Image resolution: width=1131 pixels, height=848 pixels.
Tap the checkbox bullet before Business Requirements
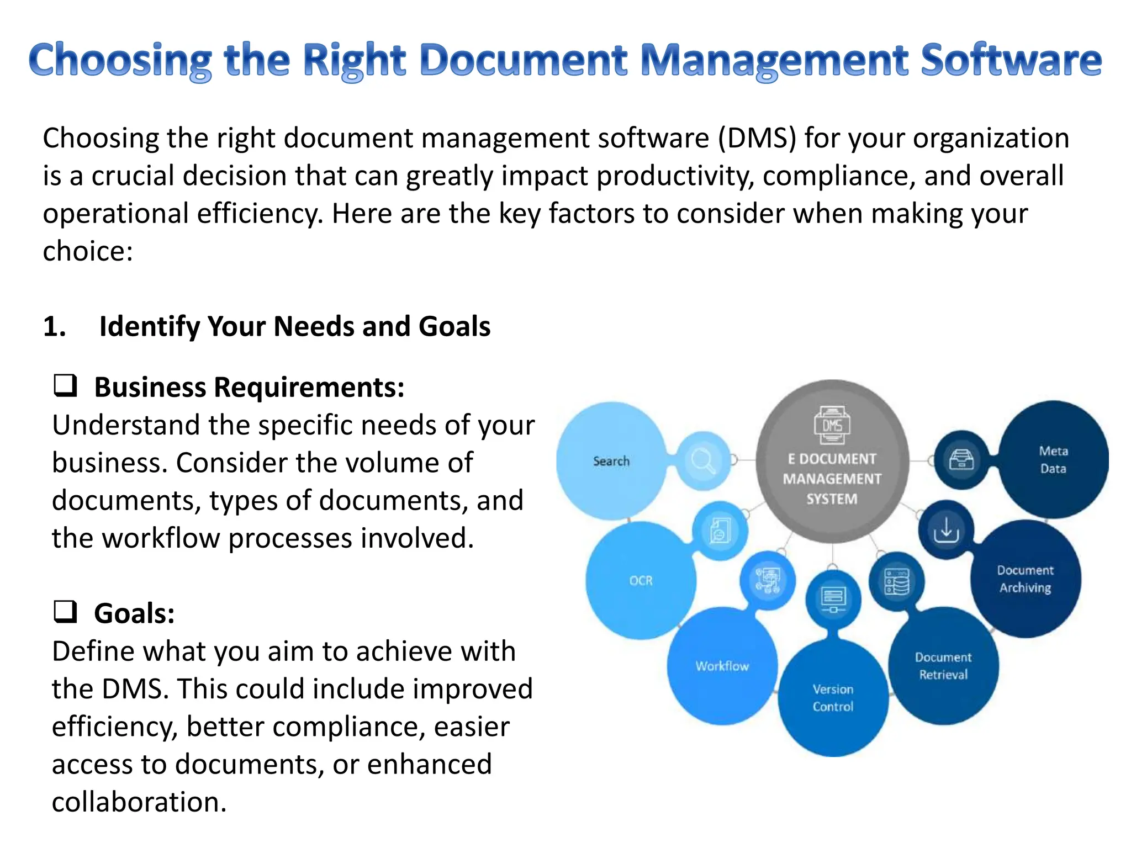click(65, 385)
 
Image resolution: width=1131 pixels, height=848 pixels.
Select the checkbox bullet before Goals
click(65, 612)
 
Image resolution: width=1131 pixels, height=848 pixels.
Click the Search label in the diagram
click(611, 461)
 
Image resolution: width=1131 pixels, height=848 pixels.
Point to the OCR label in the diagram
click(641, 581)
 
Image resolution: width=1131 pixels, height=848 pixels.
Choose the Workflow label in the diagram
click(722, 666)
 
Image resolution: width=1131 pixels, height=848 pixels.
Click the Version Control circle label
click(833, 698)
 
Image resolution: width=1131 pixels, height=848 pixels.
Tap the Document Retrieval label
click(943, 666)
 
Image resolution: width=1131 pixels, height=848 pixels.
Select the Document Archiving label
click(1025, 579)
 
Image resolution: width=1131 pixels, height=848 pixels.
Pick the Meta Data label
click(1053, 459)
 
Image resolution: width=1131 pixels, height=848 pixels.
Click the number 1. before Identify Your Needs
click(54, 326)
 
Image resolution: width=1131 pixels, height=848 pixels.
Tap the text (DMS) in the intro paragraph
click(757, 138)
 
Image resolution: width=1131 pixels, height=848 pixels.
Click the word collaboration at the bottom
click(139, 802)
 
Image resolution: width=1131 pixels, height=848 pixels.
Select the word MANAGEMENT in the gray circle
click(832, 479)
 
